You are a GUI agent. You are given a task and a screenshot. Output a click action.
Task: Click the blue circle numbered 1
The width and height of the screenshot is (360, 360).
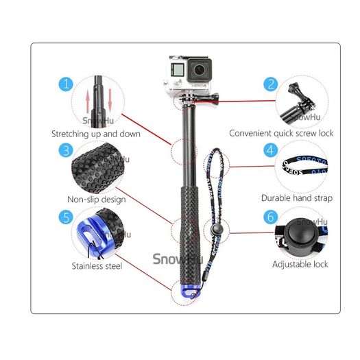coord(66,84)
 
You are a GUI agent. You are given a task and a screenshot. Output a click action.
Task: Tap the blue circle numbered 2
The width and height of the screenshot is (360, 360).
coord(271,84)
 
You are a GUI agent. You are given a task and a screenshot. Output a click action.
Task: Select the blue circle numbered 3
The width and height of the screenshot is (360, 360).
coord(66,150)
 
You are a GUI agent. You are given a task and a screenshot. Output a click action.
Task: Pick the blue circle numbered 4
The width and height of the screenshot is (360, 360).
coord(270,150)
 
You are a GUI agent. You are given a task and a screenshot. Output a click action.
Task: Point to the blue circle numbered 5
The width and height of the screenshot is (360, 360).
coord(66,217)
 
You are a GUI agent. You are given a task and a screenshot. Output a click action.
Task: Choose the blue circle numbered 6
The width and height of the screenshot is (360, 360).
coord(270,217)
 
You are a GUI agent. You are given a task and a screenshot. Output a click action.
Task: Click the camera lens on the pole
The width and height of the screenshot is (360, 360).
coord(199,70)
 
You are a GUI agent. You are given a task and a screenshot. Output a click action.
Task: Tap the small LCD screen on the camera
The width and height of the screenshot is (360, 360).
coord(178,69)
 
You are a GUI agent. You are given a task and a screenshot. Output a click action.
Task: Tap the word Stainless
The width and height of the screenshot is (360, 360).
coord(87,266)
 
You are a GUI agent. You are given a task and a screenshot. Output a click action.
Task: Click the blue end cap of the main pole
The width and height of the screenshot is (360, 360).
coord(190,291)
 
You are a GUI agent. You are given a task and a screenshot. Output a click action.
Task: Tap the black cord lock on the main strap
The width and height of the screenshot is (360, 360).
coord(216,229)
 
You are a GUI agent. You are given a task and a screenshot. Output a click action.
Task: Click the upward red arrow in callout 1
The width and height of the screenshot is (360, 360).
coord(88,101)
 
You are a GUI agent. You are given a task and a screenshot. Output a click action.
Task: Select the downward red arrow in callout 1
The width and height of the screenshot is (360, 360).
coord(110,100)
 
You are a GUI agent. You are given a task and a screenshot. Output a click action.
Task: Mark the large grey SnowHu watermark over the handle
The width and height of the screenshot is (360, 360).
coord(178,259)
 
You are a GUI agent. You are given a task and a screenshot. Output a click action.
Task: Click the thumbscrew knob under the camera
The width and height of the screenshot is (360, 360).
coord(215,99)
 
